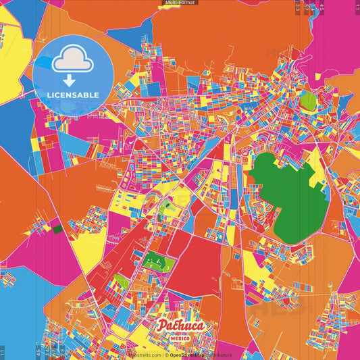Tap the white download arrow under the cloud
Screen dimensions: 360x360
72,79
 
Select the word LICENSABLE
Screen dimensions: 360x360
72,95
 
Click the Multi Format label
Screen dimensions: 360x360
180,3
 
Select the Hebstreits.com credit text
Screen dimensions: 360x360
143,355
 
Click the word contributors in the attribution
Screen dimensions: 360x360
219,355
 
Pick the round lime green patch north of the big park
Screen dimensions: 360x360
308,102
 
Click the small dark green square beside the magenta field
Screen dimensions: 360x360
57,230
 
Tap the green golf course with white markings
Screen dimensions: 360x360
157,261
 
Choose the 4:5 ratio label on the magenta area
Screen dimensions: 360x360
322,8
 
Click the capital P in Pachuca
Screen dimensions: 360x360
163,326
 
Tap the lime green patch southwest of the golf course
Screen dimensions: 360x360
122,281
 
